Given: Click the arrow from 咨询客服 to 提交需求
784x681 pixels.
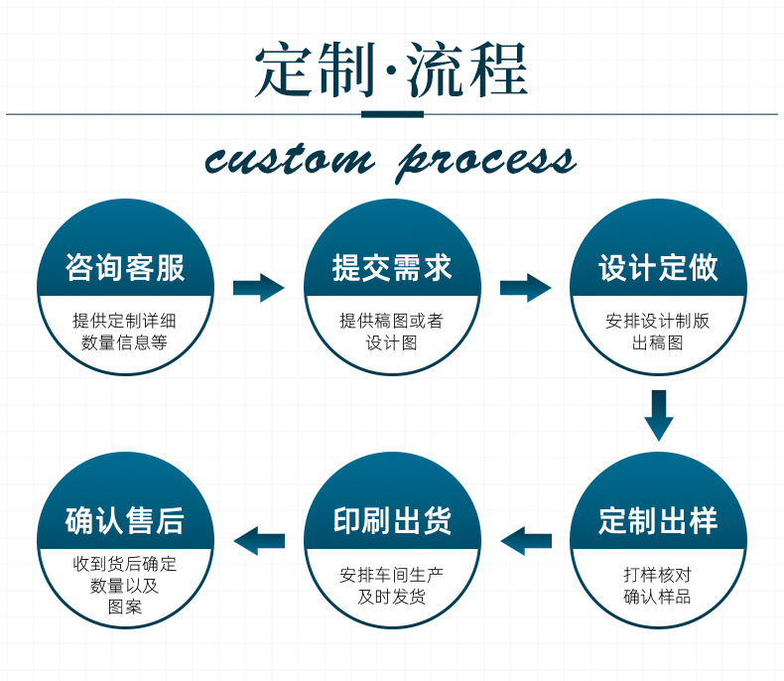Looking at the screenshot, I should pos(258,289).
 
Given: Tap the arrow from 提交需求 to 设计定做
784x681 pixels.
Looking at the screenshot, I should pos(525,289).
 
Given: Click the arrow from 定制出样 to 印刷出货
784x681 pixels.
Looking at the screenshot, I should pos(526,541).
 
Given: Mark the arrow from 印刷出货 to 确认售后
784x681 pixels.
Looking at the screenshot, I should pos(259,541).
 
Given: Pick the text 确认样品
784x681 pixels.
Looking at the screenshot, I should pos(658,597).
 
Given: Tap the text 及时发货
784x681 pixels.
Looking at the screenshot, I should pos(392,597).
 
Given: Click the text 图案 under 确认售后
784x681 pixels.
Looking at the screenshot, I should pos(125,607).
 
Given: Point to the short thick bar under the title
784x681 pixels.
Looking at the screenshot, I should pos(392,114).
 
